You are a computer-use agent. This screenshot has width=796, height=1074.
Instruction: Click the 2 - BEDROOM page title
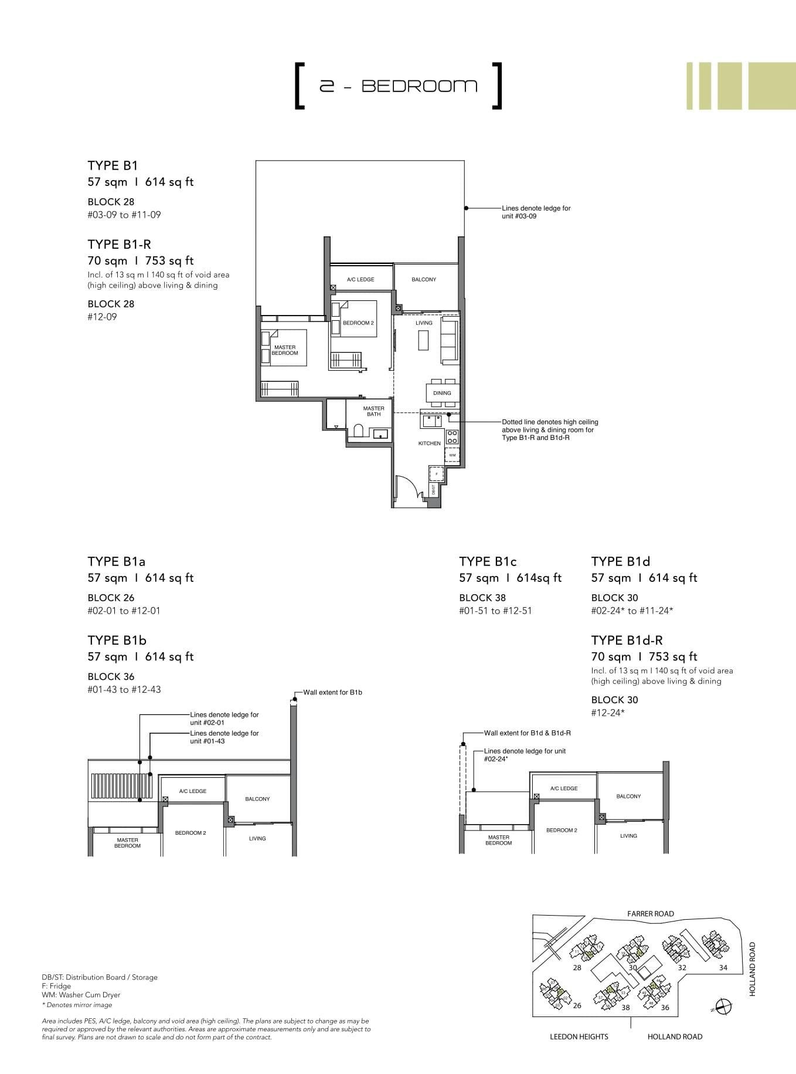click(x=398, y=86)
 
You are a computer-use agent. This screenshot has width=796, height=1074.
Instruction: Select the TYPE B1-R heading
click(x=119, y=244)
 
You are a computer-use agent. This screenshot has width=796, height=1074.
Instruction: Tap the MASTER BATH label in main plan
click(x=373, y=411)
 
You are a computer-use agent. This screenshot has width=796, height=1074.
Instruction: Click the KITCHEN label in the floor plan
click(x=429, y=443)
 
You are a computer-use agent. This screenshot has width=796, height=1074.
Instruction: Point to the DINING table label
click(x=442, y=393)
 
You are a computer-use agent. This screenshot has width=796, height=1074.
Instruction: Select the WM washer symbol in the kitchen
click(x=452, y=455)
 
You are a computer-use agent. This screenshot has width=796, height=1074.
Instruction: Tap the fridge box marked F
click(x=436, y=473)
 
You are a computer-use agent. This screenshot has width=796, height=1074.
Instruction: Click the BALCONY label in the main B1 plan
click(x=423, y=280)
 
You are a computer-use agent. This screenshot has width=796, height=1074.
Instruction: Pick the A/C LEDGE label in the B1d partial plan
click(x=563, y=788)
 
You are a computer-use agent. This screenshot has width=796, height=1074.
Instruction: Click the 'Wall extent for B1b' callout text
click(x=332, y=692)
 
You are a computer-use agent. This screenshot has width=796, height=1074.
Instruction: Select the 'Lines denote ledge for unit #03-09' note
click(x=536, y=212)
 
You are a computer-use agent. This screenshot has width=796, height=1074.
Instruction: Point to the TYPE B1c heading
click(x=488, y=561)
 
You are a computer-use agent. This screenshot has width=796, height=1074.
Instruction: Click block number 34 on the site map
click(x=723, y=968)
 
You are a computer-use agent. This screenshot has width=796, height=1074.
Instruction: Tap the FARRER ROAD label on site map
click(x=650, y=913)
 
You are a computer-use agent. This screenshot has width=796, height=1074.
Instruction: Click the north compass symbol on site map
click(x=723, y=1005)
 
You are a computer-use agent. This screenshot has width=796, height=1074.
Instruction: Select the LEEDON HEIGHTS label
click(x=579, y=1036)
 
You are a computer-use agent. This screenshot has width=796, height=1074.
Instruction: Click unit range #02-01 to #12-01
click(x=124, y=611)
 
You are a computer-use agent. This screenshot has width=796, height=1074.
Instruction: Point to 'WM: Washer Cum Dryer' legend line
click(x=81, y=995)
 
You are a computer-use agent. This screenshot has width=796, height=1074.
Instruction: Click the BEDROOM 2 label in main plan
click(x=358, y=323)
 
